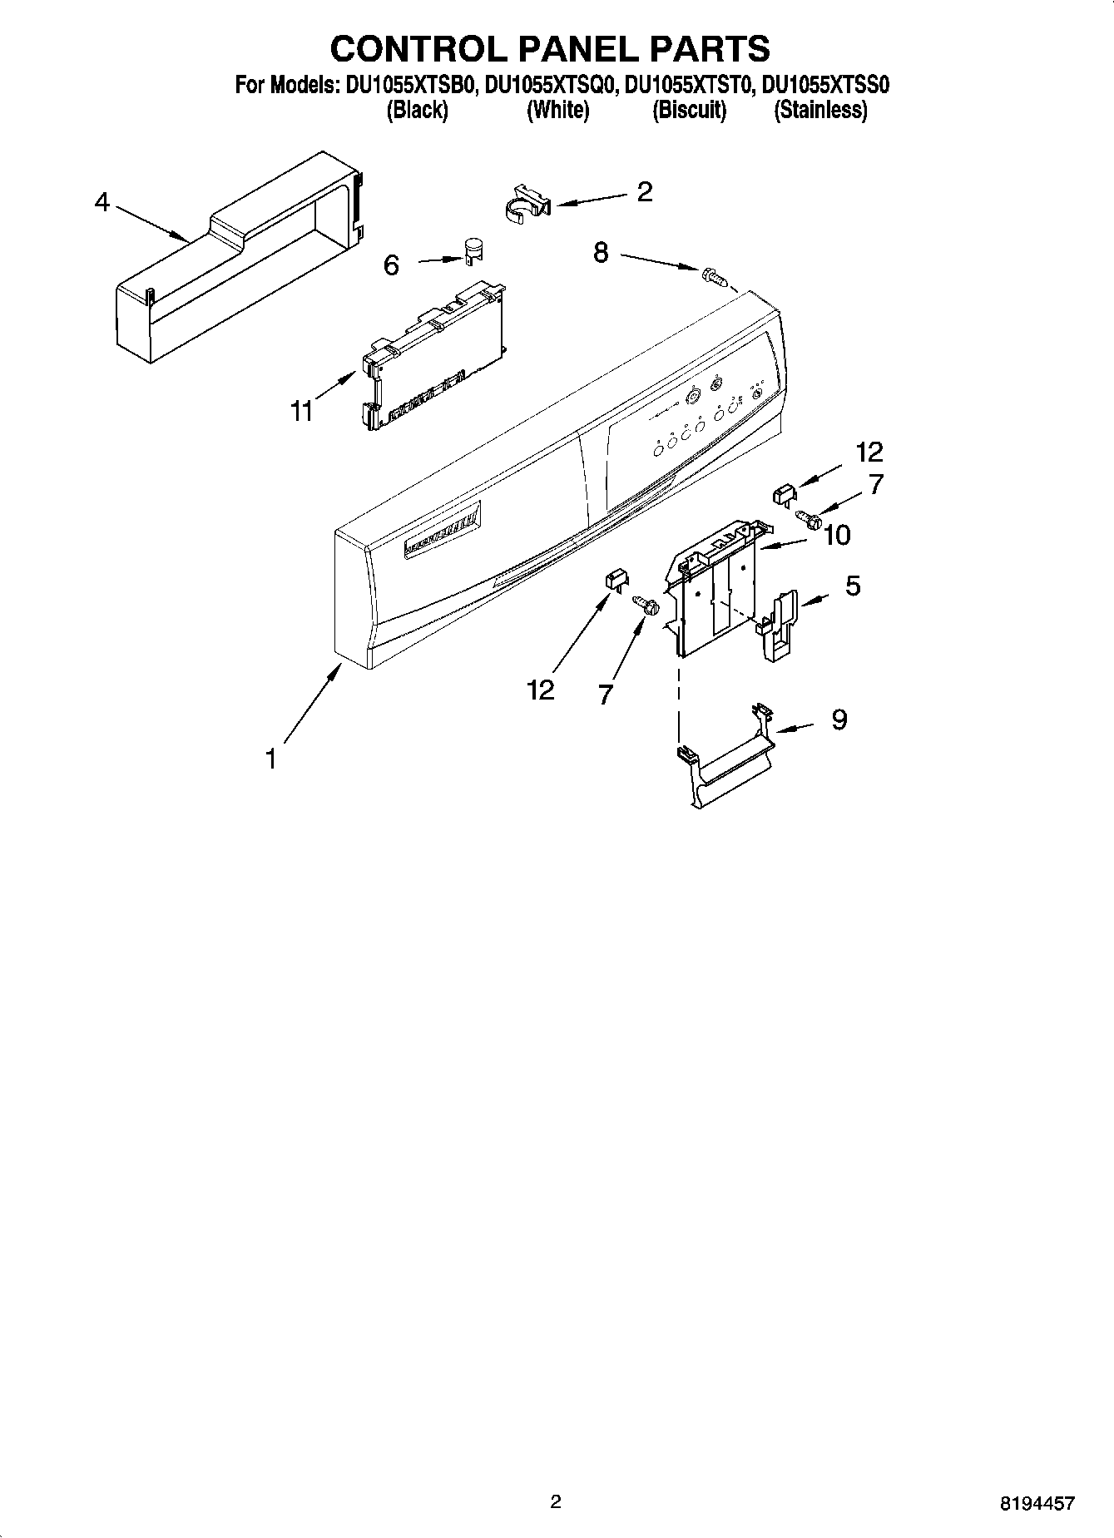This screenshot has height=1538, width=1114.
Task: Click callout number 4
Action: coord(101,202)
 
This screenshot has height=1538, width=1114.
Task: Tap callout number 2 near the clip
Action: coord(644,192)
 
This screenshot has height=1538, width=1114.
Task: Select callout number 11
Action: coord(301,410)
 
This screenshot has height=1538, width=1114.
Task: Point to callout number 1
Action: coord(270,759)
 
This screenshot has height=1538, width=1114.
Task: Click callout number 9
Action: coord(839,719)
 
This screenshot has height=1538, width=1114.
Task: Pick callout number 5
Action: coord(853,586)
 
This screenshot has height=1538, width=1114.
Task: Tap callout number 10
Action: coord(837,535)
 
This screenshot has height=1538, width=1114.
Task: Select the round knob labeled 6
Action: coord(473,249)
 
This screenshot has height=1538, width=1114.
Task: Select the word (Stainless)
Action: coord(820,110)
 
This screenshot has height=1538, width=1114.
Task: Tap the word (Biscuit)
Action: coord(689,110)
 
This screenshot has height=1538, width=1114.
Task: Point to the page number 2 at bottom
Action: coord(556,1501)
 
